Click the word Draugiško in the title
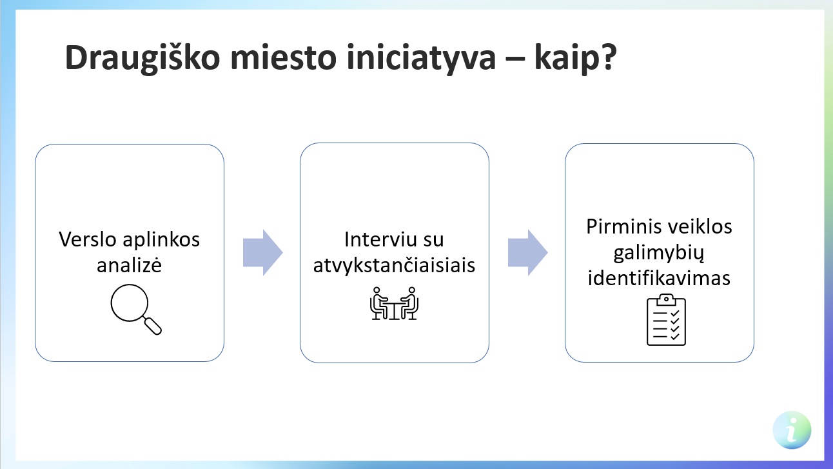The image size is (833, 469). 142,58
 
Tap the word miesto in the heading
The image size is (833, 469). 284,57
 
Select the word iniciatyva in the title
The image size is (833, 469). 421,58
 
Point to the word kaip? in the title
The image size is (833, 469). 576,58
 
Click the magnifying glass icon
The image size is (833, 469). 136,309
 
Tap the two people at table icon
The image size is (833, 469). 394,303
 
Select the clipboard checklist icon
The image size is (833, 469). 666,320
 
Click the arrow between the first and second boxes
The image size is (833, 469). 263,253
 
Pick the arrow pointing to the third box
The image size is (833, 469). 528,253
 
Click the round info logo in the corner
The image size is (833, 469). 792,430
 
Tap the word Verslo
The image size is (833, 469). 88,239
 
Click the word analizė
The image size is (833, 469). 129,264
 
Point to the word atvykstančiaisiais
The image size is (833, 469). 394,265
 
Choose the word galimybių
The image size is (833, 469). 658,253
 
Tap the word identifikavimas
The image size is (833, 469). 659,278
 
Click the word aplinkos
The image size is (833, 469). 161,240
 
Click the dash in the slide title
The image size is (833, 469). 515,59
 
